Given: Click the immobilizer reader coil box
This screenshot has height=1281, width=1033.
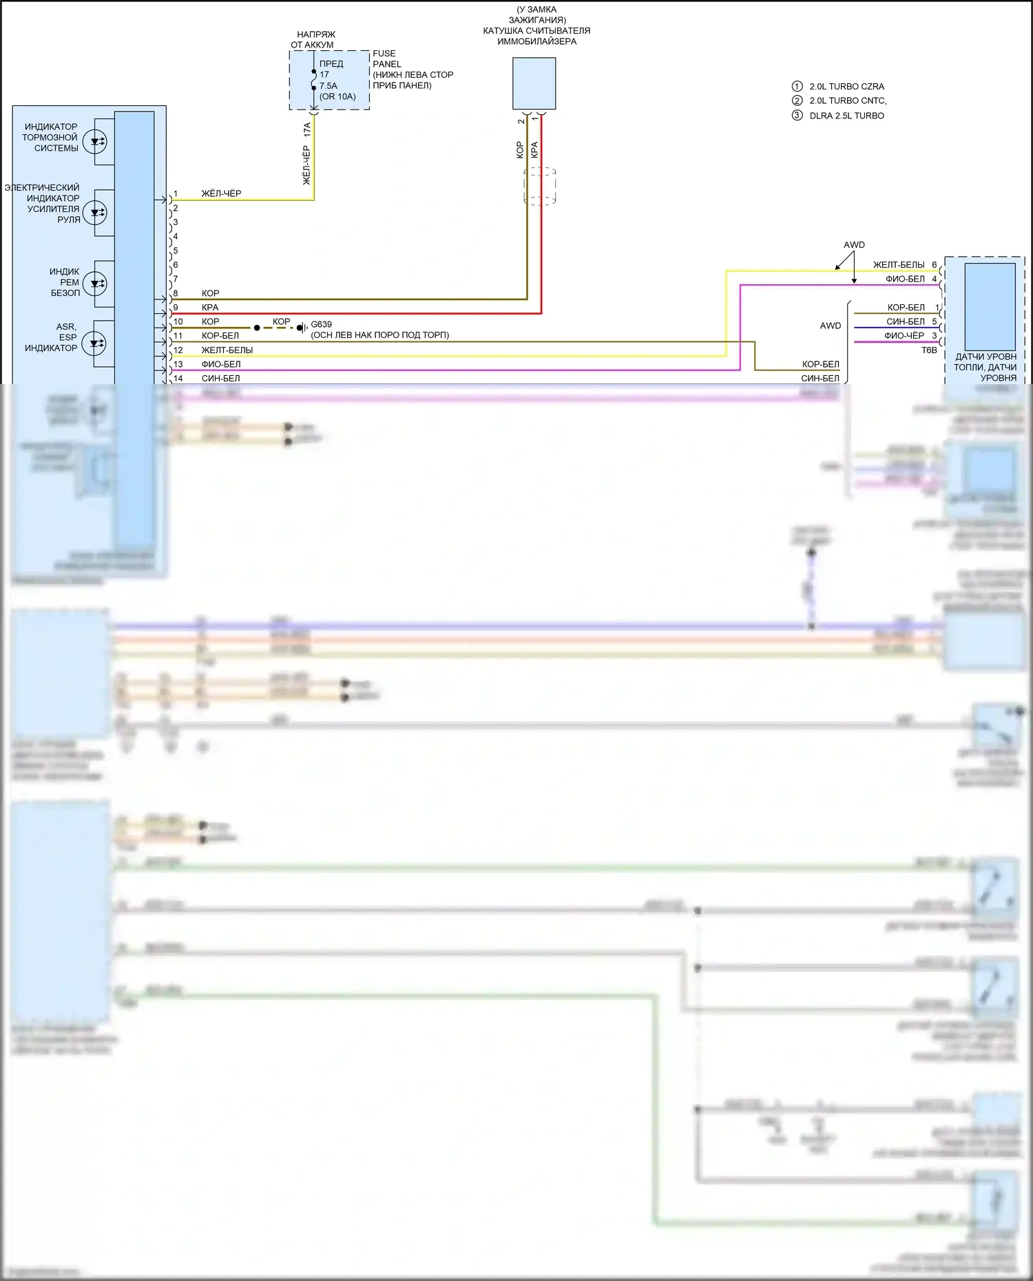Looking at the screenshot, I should point(534,83).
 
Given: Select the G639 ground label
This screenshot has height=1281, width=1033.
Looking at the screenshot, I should point(321,324).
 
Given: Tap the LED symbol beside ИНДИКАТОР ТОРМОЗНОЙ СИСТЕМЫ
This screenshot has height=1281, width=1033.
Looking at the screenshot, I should point(94,142).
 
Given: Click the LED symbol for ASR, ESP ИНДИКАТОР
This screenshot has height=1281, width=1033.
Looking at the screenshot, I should point(94,343).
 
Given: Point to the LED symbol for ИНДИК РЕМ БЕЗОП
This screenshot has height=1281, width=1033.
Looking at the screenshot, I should point(94,283).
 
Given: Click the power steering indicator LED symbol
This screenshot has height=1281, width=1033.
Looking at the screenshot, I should point(94,212).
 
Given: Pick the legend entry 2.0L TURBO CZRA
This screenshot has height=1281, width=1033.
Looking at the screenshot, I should point(846,87).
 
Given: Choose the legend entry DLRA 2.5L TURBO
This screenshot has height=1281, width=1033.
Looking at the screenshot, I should point(846,116).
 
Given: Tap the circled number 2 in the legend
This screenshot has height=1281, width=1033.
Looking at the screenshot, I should point(797,100).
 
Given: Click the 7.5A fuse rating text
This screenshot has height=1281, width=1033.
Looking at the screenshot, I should point(328,86).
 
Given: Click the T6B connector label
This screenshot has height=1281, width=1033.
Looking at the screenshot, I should point(929,350).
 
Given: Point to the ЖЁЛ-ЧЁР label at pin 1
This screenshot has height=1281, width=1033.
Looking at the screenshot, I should point(221,194).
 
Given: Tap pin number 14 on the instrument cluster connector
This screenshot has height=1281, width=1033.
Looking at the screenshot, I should point(178,379).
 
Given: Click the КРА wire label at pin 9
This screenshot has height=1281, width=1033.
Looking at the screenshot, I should point(210,308).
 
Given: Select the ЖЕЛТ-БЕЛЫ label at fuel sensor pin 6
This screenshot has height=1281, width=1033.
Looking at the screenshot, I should point(899,265).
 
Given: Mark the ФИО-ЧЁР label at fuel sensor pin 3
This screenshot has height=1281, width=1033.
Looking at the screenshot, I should point(904,336).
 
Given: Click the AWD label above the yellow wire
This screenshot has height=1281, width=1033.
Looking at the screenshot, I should point(854,245).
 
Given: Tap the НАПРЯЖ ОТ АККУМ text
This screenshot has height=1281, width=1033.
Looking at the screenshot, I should point(314,39).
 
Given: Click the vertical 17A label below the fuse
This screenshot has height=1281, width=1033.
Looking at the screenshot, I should point(307,129).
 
